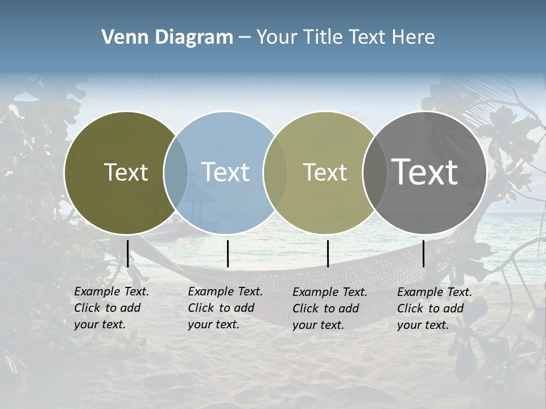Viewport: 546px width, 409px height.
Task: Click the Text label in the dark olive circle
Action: coord(126,172)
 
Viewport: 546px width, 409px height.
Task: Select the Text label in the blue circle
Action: coord(226,172)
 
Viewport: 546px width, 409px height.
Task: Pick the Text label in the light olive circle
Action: coord(325,172)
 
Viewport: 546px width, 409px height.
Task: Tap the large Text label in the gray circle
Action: coord(424,172)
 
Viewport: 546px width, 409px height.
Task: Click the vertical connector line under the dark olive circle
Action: coord(127,253)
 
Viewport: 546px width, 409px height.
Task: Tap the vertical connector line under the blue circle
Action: coord(227,253)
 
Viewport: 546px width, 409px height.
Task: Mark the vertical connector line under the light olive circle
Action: coord(328,253)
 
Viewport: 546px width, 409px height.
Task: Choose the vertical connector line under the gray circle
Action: coord(423,253)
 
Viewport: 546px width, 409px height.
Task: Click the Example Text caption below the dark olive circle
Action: coord(111,308)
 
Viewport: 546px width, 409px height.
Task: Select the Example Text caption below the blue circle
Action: coord(225,308)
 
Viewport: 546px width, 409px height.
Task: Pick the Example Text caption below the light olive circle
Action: coord(329,308)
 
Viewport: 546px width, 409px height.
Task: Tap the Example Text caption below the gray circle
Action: coord(434,308)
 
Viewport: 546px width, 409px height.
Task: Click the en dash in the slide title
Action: coord(245,37)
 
